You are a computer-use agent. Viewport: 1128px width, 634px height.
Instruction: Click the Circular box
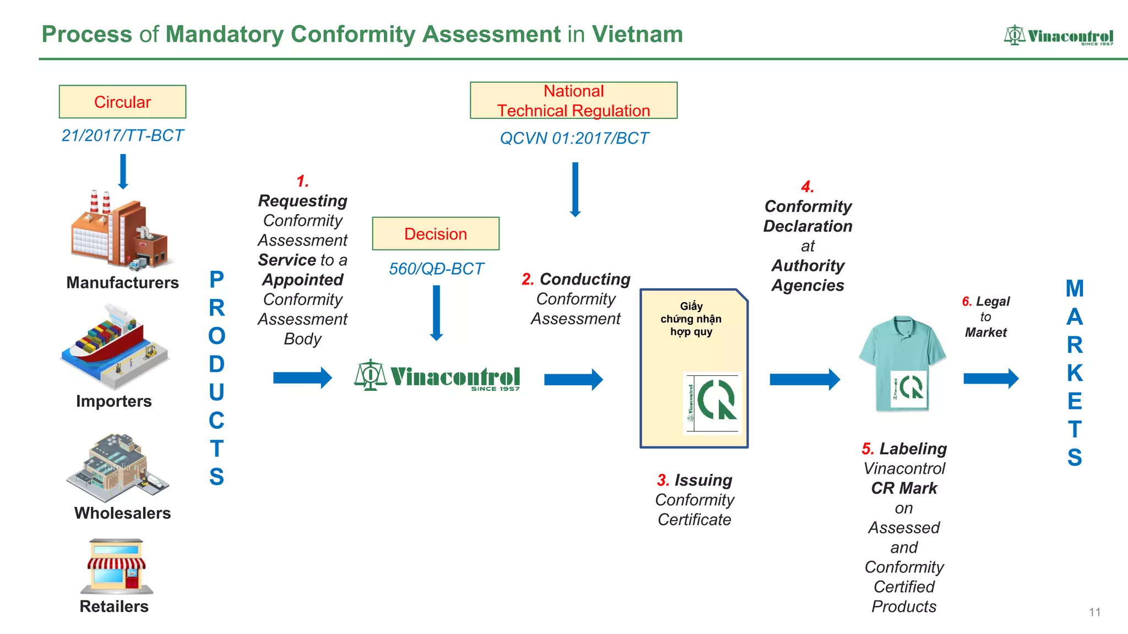point(122,102)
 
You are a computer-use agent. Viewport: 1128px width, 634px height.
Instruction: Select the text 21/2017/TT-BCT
point(122,135)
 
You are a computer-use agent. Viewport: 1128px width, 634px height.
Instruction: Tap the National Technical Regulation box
point(573,101)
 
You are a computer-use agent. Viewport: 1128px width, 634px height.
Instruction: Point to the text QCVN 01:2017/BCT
point(574,138)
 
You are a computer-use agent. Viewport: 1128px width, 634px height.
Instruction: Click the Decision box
point(435,234)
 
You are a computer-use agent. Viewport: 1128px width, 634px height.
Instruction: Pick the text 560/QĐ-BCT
point(436,269)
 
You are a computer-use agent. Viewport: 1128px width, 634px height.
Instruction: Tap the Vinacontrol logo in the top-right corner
point(1058,36)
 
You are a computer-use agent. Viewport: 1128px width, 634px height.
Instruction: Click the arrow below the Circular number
point(123,171)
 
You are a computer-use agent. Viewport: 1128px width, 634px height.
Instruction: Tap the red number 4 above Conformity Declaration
point(807,187)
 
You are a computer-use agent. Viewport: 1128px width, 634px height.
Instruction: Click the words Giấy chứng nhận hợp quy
point(691,319)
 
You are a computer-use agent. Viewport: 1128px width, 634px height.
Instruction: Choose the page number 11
point(1094,612)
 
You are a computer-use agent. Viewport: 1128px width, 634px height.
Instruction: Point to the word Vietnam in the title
point(637,34)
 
